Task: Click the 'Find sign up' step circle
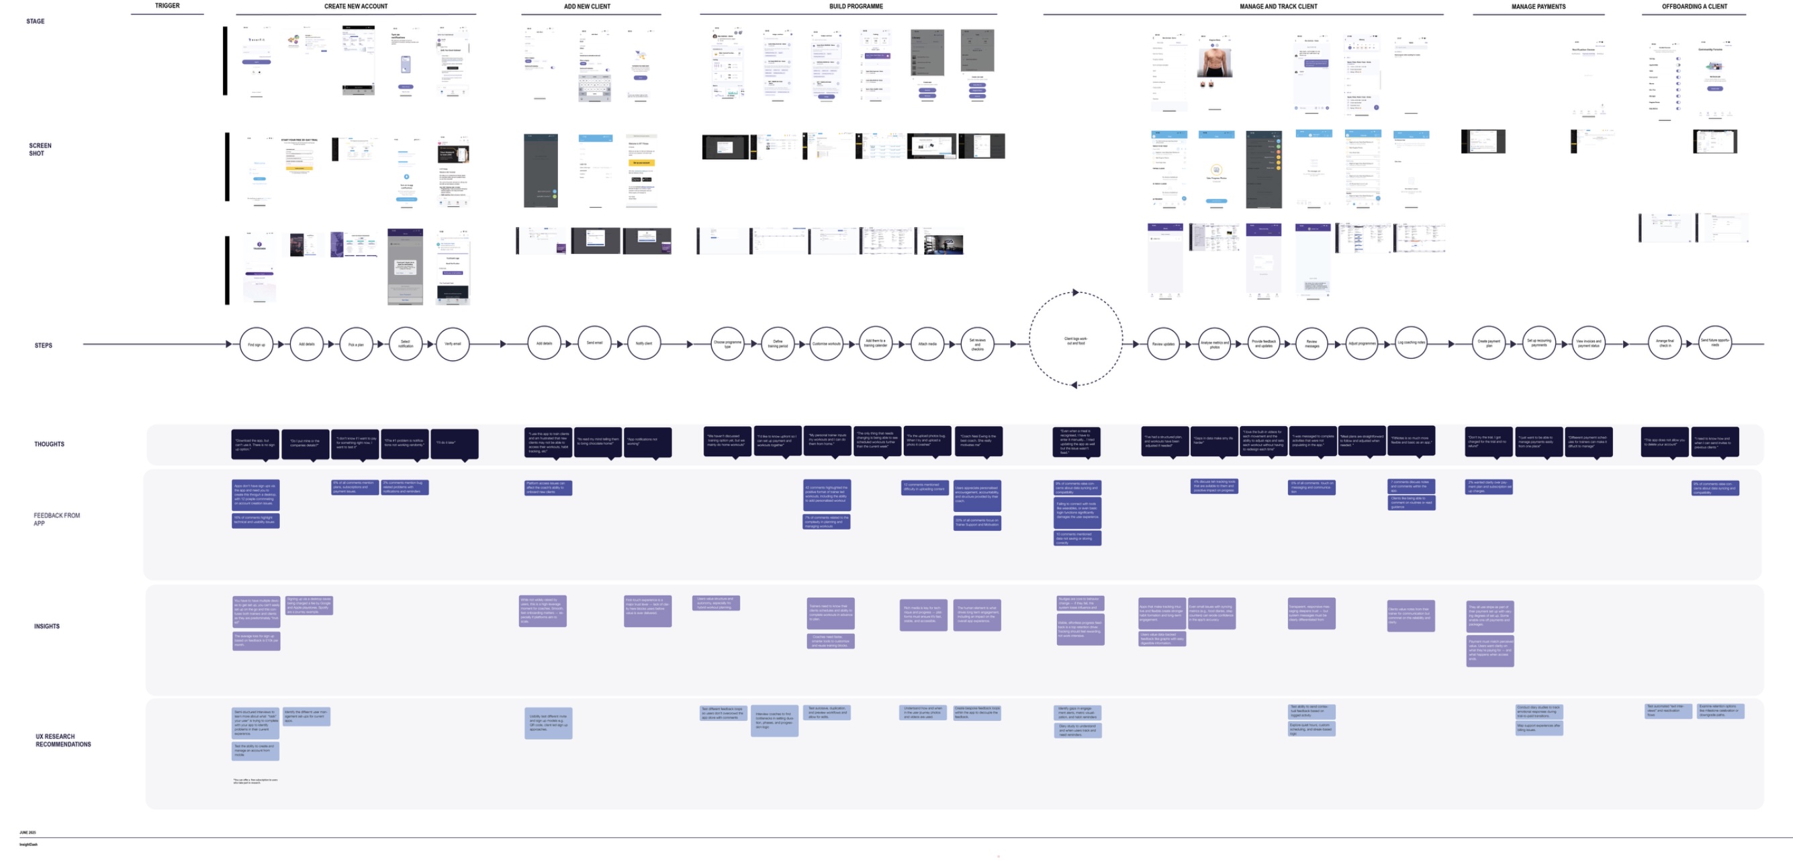tap(256, 344)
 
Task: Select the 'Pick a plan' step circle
tap(356, 344)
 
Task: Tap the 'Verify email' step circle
tap(453, 344)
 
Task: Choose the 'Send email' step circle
tap(594, 343)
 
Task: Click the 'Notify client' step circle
tap(644, 343)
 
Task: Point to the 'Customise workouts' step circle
tap(827, 344)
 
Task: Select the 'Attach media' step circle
tap(927, 344)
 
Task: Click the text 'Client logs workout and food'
tap(1075, 341)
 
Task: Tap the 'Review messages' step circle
tap(1312, 344)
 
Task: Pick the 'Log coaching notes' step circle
tap(1411, 343)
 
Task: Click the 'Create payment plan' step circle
tap(1489, 343)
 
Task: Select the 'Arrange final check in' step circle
tap(1665, 343)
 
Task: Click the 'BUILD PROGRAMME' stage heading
tap(856, 6)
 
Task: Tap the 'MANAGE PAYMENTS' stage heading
tap(1538, 7)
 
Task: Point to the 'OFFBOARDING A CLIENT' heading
tap(1694, 6)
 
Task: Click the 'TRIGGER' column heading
tap(167, 5)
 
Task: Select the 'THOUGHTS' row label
tap(50, 444)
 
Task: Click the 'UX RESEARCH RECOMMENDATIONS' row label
tap(63, 740)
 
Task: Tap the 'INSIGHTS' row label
tap(46, 627)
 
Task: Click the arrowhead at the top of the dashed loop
tap(1075, 292)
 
